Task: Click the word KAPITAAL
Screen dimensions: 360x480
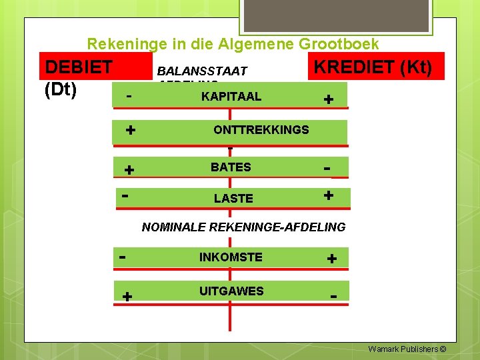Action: [231, 97]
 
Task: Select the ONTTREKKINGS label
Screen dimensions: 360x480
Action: [261, 130]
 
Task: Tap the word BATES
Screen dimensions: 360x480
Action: [231, 167]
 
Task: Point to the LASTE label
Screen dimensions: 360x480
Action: [233, 198]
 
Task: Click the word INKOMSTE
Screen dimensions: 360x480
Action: [231, 257]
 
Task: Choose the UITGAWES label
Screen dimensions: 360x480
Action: [231, 291]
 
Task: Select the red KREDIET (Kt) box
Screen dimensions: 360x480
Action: [375, 67]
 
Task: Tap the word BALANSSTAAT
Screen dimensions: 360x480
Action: [201, 71]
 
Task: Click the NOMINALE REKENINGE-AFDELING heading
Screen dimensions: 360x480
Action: [243, 227]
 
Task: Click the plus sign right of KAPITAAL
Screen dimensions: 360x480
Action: [328, 99]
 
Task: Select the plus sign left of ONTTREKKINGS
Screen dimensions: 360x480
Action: [131, 129]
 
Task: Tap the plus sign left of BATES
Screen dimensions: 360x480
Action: [129, 170]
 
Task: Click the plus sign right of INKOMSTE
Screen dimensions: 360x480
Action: [331, 258]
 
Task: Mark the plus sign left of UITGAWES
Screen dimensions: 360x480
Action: [127, 297]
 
